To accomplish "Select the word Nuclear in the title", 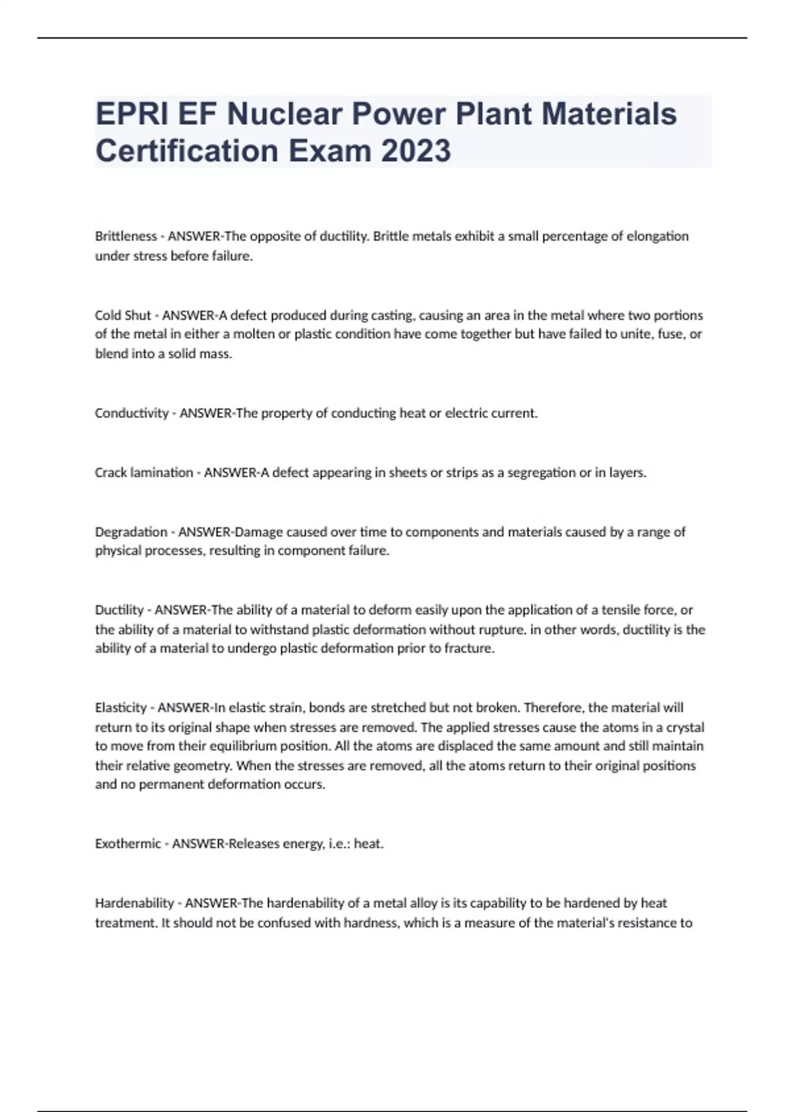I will pos(284,114).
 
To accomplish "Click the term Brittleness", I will pos(126,236).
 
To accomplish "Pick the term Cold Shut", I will pos(123,315).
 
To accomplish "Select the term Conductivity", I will pos(131,413).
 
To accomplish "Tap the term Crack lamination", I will pos(144,473).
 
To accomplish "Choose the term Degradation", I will pos(131,532).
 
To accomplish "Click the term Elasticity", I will pos(121,708).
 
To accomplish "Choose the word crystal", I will pos(685,727).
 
